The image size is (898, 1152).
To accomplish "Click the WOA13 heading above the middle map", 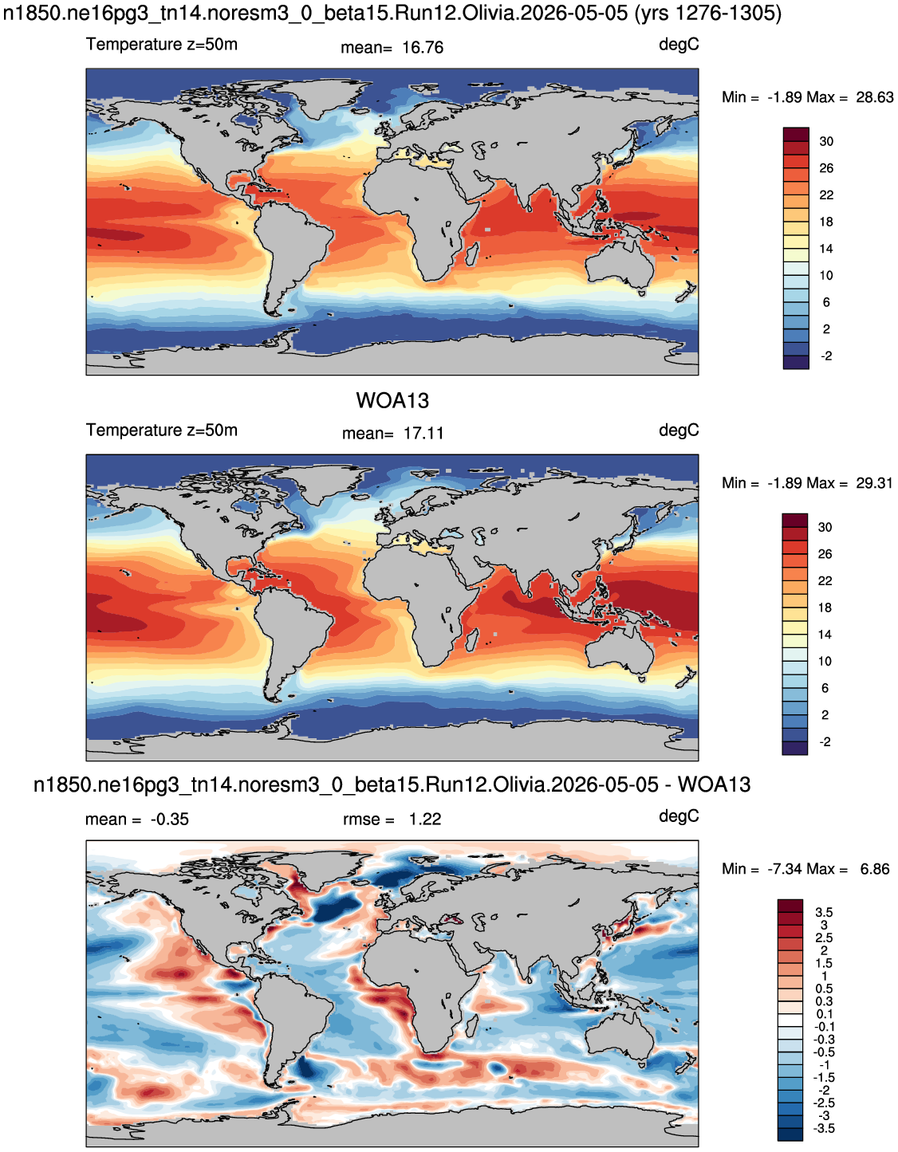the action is tap(392, 401).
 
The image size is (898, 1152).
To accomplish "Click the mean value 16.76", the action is tap(423, 48).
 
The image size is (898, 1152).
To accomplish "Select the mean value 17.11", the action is tap(423, 434).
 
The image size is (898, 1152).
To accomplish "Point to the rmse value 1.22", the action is tap(424, 820).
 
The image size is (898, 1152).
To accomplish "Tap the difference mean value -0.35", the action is tap(170, 820).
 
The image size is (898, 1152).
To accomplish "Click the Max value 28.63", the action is tap(875, 97).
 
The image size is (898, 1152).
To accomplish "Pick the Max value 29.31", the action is tap(875, 483).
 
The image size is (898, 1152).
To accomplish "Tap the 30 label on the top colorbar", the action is tap(826, 142).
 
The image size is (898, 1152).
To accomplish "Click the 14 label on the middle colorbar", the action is tap(825, 635).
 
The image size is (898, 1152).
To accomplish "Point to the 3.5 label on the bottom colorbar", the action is tap(824, 912).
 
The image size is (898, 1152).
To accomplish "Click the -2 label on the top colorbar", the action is tap(826, 356).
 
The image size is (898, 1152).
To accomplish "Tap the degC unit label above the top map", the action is tap(679, 45).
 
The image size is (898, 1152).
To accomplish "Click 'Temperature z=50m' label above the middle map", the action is tap(162, 431).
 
